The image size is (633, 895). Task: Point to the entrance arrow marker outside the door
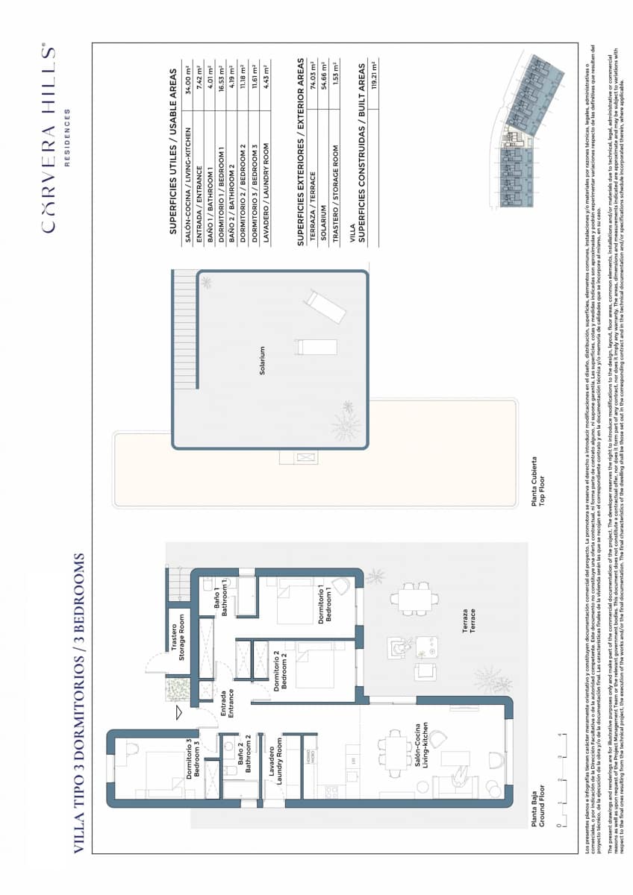coord(178,712)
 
